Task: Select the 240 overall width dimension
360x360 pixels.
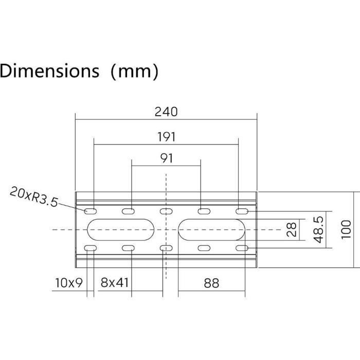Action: click(x=166, y=112)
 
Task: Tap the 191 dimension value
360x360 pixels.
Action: click(x=166, y=137)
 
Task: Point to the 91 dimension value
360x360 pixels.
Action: click(x=166, y=158)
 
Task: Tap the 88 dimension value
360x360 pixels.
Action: click(x=211, y=282)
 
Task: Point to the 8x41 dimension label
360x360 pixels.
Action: click(x=114, y=282)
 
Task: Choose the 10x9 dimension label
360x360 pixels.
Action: click(x=68, y=282)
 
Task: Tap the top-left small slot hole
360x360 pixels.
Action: click(x=91, y=211)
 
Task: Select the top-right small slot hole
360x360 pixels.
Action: click(x=242, y=211)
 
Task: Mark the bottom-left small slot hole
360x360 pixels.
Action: click(x=91, y=248)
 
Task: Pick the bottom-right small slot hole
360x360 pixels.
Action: click(x=242, y=248)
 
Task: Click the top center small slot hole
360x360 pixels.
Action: click(x=166, y=211)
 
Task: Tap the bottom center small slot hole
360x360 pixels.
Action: click(x=166, y=248)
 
